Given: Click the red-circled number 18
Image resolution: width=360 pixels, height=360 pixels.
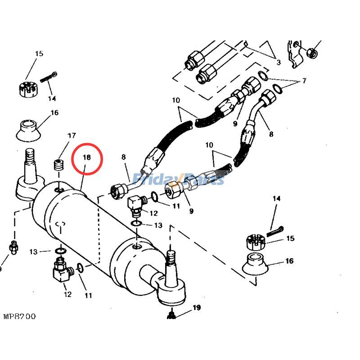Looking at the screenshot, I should tap(87, 157).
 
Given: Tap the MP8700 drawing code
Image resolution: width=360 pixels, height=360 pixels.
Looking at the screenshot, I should tap(19, 316).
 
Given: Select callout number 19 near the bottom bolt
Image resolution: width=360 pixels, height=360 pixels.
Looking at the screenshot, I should tap(196, 308).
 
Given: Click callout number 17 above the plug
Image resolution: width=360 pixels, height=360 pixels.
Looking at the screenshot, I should tap(72, 135).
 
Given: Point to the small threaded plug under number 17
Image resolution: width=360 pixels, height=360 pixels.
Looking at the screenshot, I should tap(58, 165).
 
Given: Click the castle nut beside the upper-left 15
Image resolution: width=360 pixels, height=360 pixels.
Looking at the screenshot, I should tap(28, 88).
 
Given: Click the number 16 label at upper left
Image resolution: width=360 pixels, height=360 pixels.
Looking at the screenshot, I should tap(54, 112).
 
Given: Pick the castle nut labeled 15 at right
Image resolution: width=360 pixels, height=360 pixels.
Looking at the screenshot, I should tap(256, 243).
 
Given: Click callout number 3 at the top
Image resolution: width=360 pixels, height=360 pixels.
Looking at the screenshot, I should tap(279, 62).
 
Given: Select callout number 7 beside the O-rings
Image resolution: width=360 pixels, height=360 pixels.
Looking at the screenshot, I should tap(304, 81).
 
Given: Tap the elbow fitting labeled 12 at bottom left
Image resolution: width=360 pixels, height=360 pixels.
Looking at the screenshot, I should tap(61, 270).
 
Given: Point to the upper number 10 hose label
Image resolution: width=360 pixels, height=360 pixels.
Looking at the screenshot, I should tap(175, 100).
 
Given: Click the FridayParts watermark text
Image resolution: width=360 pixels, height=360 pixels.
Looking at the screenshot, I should tap(180, 180).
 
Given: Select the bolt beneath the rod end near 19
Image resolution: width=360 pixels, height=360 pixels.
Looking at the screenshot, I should tap(171, 315).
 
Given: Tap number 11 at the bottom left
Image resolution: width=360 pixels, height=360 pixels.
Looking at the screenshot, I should tap(88, 295).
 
